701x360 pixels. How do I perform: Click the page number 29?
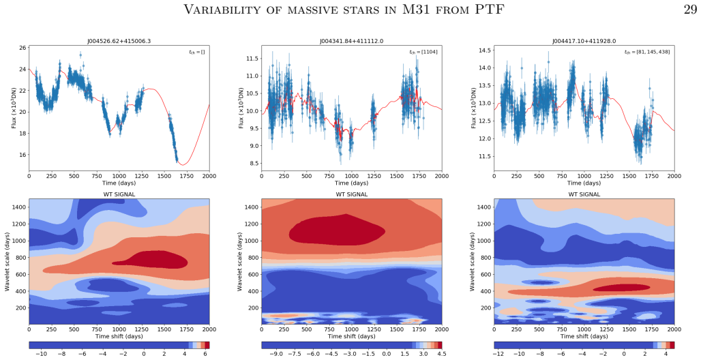[x=690, y=9]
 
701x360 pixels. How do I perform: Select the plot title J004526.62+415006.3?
[x=119, y=41]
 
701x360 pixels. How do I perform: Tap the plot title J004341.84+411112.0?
[x=351, y=41]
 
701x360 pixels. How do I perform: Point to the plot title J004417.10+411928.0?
[x=584, y=41]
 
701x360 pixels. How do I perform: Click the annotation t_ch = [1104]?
[x=423, y=52]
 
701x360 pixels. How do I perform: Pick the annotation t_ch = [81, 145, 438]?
[x=647, y=52]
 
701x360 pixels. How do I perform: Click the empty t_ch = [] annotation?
[x=196, y=52]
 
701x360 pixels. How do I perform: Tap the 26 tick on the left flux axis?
[x=23, y=48]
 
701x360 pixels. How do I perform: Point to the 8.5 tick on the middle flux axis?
[x=255, y=163]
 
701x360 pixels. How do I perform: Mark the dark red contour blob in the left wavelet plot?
[x=152, y=259]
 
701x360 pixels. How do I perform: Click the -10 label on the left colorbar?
[x=41, y=354]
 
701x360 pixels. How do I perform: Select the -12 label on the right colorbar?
[x=500, y=354]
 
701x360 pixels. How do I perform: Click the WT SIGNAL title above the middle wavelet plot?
[x=352, y=194]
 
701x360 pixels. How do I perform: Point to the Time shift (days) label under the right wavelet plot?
[x=584, y=336]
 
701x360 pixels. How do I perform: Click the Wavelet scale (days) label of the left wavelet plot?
[x=8, y=262]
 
